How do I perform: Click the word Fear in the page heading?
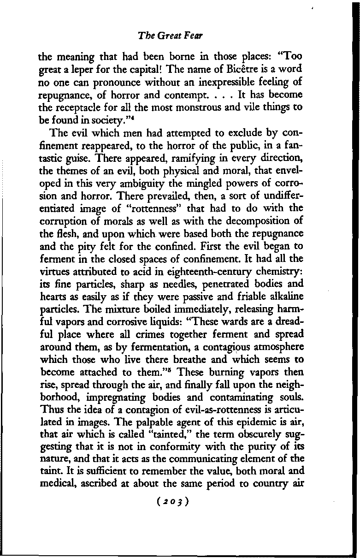(196, 35)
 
